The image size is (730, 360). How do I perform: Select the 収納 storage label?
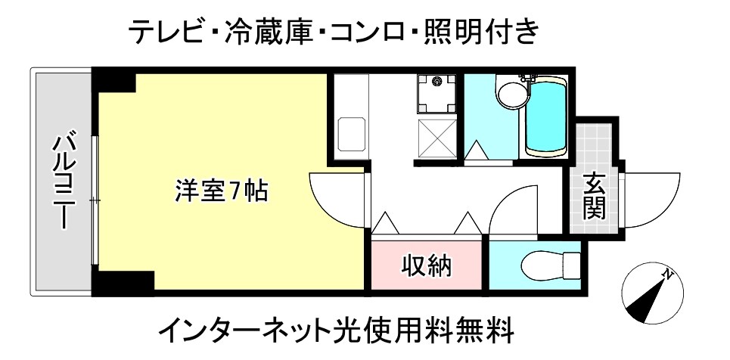tap(427, 266)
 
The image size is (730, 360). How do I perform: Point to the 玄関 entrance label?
tap(595, 197)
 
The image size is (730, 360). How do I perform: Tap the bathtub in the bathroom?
tap(546, 116)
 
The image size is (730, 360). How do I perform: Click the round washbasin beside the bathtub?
tap(512, 95)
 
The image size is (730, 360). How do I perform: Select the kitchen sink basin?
tap(352, 134)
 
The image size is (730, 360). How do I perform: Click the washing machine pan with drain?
tap(436, 93)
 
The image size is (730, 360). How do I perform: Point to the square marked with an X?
tap(436, 138)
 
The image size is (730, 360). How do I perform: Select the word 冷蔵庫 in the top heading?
tap(268, 33)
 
